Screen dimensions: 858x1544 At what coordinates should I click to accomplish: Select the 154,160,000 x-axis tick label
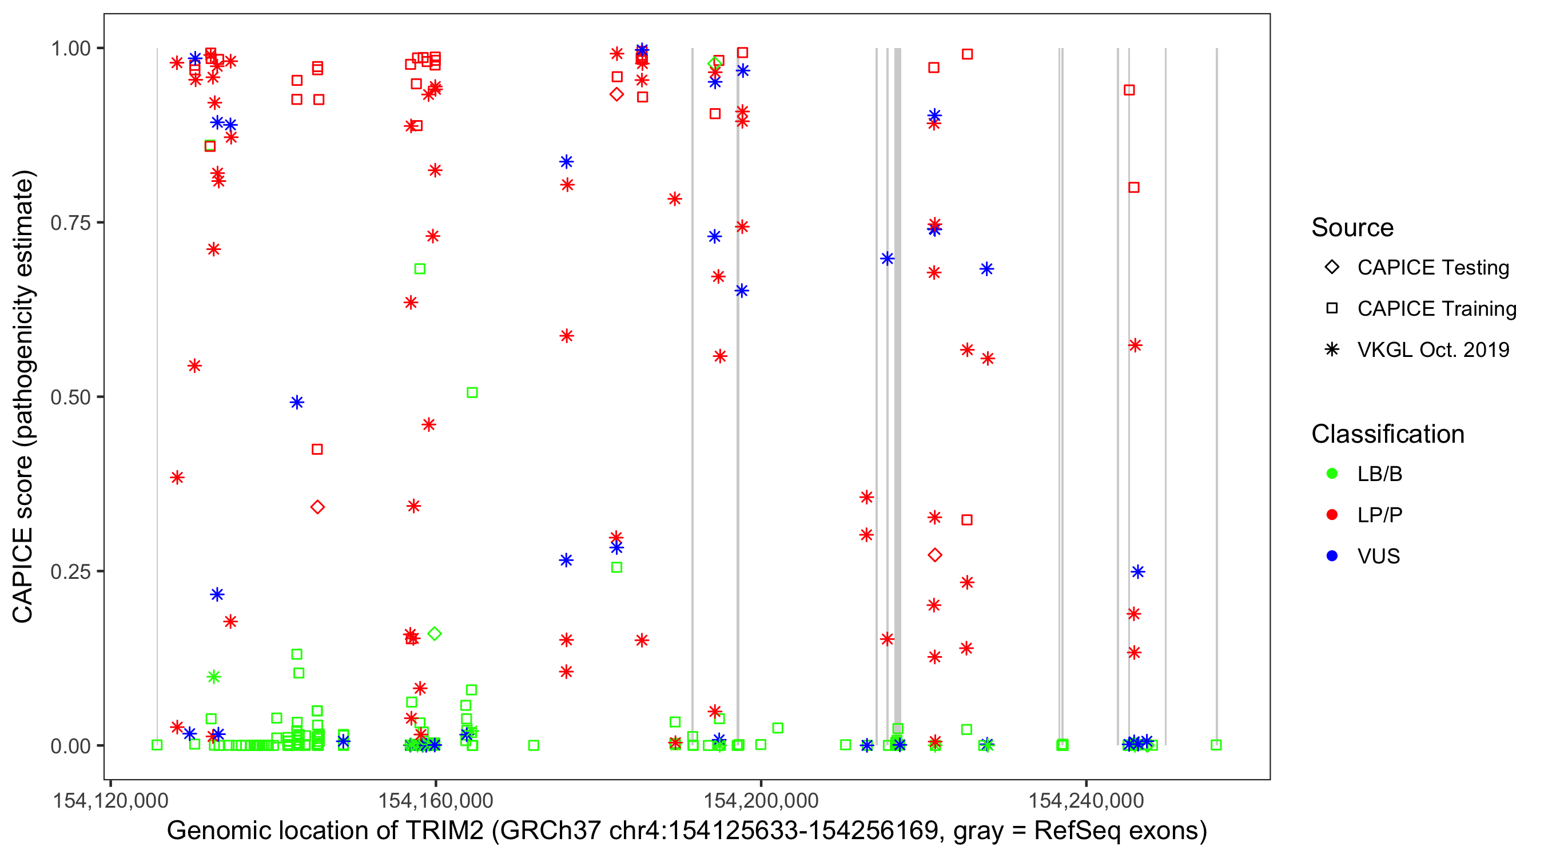click(x=435, y=800)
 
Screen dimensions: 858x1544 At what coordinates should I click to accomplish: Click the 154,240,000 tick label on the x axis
click(x=1086, y=800)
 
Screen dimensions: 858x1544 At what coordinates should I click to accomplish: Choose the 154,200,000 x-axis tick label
click(x=761, y=800)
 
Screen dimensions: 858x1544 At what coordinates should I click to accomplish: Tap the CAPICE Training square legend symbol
click(x=1332, y=309)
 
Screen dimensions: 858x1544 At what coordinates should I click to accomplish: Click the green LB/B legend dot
click(x=1332, y=474)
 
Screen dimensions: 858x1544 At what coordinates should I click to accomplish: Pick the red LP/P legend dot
click(x=1332, y=515)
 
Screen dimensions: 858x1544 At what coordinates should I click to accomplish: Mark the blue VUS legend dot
click(x=1332, y=557)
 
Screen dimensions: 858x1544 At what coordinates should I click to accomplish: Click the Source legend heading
click(x=1352, y=228)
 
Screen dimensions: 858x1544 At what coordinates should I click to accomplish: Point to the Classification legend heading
click(x=1387, y=434)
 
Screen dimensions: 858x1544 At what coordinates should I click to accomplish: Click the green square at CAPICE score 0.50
click(x=472, y=393)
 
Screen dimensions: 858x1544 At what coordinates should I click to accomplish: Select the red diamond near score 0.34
click(x=318, y=507)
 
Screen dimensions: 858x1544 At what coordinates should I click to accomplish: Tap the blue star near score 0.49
click(x=297, y=402)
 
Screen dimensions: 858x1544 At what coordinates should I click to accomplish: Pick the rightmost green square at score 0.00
click(x=1216, y=745)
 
